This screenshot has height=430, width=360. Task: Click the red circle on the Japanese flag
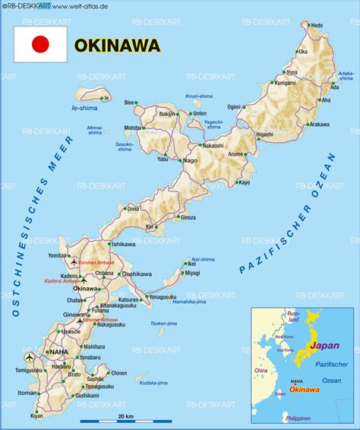(x=40, y=45)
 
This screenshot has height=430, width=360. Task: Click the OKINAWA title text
(x=118, y=46)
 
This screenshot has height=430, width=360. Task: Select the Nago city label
(x=191, y=161)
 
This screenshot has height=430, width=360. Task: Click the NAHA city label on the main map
(x=58, y=352)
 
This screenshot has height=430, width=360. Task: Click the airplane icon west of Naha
(x=30, y=357)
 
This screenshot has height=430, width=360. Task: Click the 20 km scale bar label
(x=125, y=417)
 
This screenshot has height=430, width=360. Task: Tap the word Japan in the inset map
(x=325, y=344)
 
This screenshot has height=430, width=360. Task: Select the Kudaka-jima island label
(x=153, y=382)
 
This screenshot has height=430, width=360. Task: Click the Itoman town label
(x=27, y=392)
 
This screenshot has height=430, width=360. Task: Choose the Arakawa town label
(x=319, y=124)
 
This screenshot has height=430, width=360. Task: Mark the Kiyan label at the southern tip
(x=37, y=416)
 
